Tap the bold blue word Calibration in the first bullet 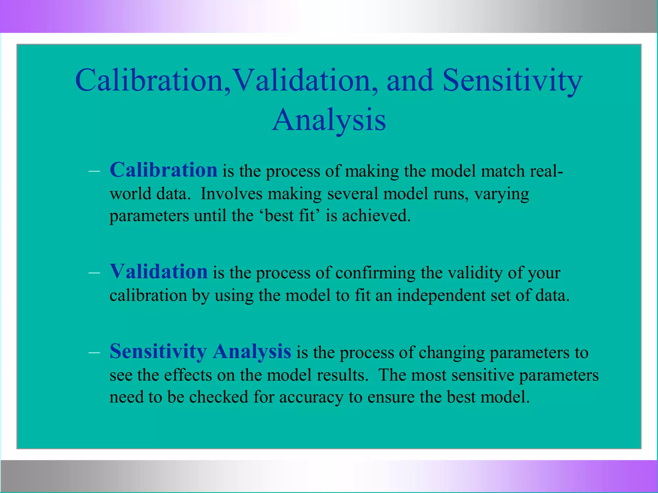click(164, 170)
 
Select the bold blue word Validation click(159, 272)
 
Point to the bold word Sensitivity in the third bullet click(158, 351)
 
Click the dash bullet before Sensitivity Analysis click(94, 352)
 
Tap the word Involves click(231, 194)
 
